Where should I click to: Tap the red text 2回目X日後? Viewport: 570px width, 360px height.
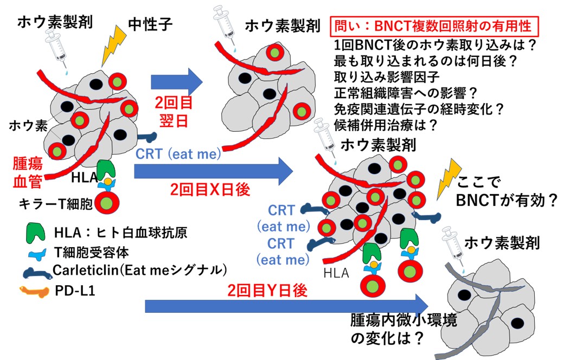pos(202,190)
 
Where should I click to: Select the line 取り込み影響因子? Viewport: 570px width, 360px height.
pos(379,77)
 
